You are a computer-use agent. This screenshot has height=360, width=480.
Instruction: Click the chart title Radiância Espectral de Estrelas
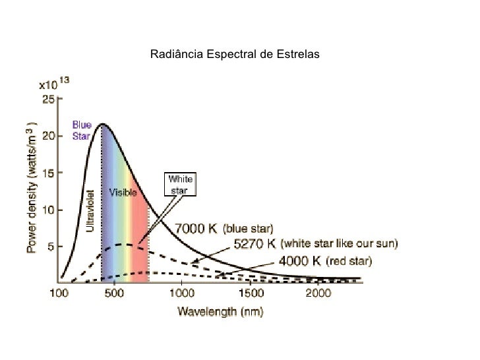click(234, 53)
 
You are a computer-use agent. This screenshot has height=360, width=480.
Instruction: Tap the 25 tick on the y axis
click(49, 100)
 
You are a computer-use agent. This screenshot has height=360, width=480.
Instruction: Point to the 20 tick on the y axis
click(49, 136)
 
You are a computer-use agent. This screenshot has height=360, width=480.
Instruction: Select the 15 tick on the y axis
click(49, 172)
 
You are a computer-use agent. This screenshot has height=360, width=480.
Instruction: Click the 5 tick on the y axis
click(51, 247)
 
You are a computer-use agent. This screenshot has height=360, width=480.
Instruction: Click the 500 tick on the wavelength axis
click(114, 292)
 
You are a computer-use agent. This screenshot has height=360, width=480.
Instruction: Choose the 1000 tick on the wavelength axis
click(182, 292)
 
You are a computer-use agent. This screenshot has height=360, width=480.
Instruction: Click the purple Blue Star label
click(82, 130)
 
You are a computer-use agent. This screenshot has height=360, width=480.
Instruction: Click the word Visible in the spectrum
click(123, 193)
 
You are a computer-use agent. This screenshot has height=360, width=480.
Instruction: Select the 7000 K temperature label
click(195, 229)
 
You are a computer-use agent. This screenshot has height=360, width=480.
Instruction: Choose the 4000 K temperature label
click(299, 260)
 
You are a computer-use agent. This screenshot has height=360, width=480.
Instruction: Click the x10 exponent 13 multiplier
click(55, 84)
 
